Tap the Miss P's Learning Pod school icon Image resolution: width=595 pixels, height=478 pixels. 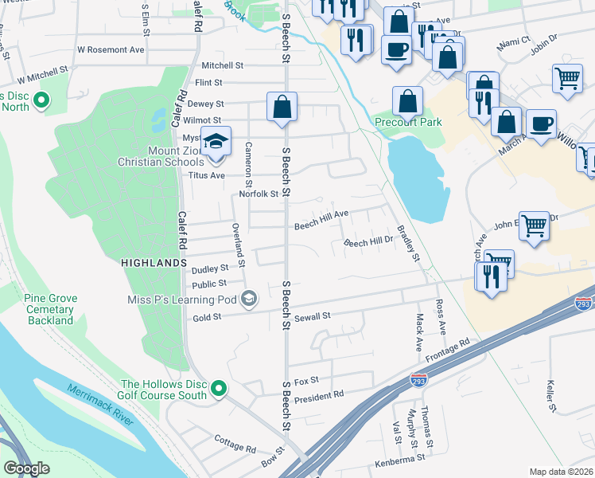pos(248,299)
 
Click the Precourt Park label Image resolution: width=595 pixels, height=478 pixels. pos(408,122)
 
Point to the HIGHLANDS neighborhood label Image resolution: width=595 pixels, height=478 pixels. pos(154,262)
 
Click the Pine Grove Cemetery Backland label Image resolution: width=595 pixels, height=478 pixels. pos(51,309)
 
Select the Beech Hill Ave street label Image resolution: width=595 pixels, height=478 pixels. pos(321,220)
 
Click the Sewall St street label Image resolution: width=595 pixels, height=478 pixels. pos(313,316)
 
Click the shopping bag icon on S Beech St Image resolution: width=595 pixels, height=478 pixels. pos(282,106)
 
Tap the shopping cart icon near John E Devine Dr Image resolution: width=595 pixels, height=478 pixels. pos(533,225)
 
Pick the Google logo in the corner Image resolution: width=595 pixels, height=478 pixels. pos(26,468)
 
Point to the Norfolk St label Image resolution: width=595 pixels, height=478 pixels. pos(259,194)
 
